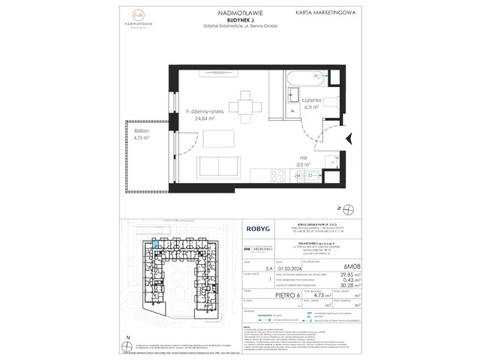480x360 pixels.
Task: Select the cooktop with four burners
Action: coord(277,176)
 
